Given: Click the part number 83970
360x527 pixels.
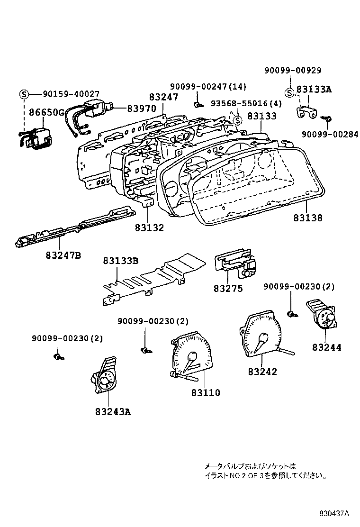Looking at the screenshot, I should [x=141, y=108].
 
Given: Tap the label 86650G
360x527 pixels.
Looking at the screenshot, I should [x=46, y=112].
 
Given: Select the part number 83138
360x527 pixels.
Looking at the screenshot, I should [x=307, y=218].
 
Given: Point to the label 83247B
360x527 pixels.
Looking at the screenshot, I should [x=63, y=255].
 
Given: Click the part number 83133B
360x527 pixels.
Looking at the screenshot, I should [x=121, y=261].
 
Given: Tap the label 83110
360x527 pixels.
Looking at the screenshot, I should [x=206, y=393].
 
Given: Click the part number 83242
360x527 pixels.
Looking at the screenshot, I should [x=262, y=372].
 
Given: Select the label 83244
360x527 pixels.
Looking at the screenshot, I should [x=326, y=347].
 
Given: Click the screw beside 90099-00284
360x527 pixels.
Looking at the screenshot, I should [x=327, y=118].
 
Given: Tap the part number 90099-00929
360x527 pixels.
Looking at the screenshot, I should [x=293, y=71].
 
